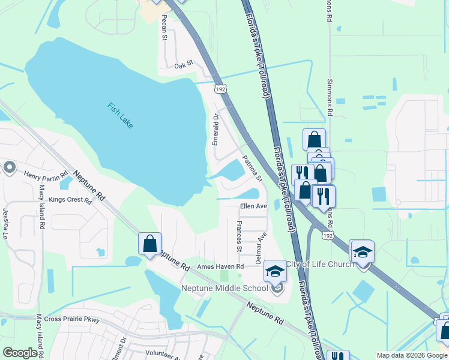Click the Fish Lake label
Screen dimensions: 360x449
[120, 115]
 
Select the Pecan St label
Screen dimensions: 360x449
[163, 28]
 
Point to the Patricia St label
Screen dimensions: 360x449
[252, 169]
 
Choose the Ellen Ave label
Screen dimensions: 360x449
[253, 206]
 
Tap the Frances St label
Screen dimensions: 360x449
[239, 236]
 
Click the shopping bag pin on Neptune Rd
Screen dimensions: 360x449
[150, 244]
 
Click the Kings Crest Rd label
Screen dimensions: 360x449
[70, 199]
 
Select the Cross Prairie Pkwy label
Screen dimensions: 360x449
[70, 319]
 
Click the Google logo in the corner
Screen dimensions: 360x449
[20, 353]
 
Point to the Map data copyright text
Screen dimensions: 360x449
[411, 355]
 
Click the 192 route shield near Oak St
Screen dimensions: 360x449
[220, 88]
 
